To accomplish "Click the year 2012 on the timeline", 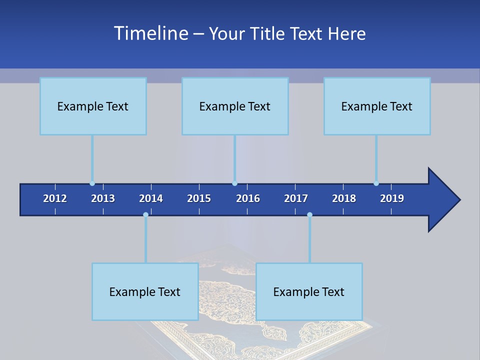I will pos(55,198).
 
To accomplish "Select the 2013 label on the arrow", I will pos(103,198).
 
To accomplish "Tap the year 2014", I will pos(151,198).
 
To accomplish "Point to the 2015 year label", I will pos(199,198).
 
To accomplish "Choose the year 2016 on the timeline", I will pos(248,198).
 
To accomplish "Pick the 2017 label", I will pos(296,198).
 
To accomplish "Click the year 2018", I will pos(344,198).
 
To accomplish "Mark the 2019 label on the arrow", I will pos(392,198).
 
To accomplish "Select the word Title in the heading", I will pos(268,33).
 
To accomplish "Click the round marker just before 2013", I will pos(92,183).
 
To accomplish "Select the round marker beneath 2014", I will pos(145,214).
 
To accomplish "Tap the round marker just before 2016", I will pos(234,183).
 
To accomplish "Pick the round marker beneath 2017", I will pos(309,214).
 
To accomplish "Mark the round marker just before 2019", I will pos(376,183).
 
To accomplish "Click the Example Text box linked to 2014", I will pos(145,291).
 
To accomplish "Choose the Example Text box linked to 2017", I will pos(309,291).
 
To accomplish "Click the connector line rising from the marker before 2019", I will pos(376,158).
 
